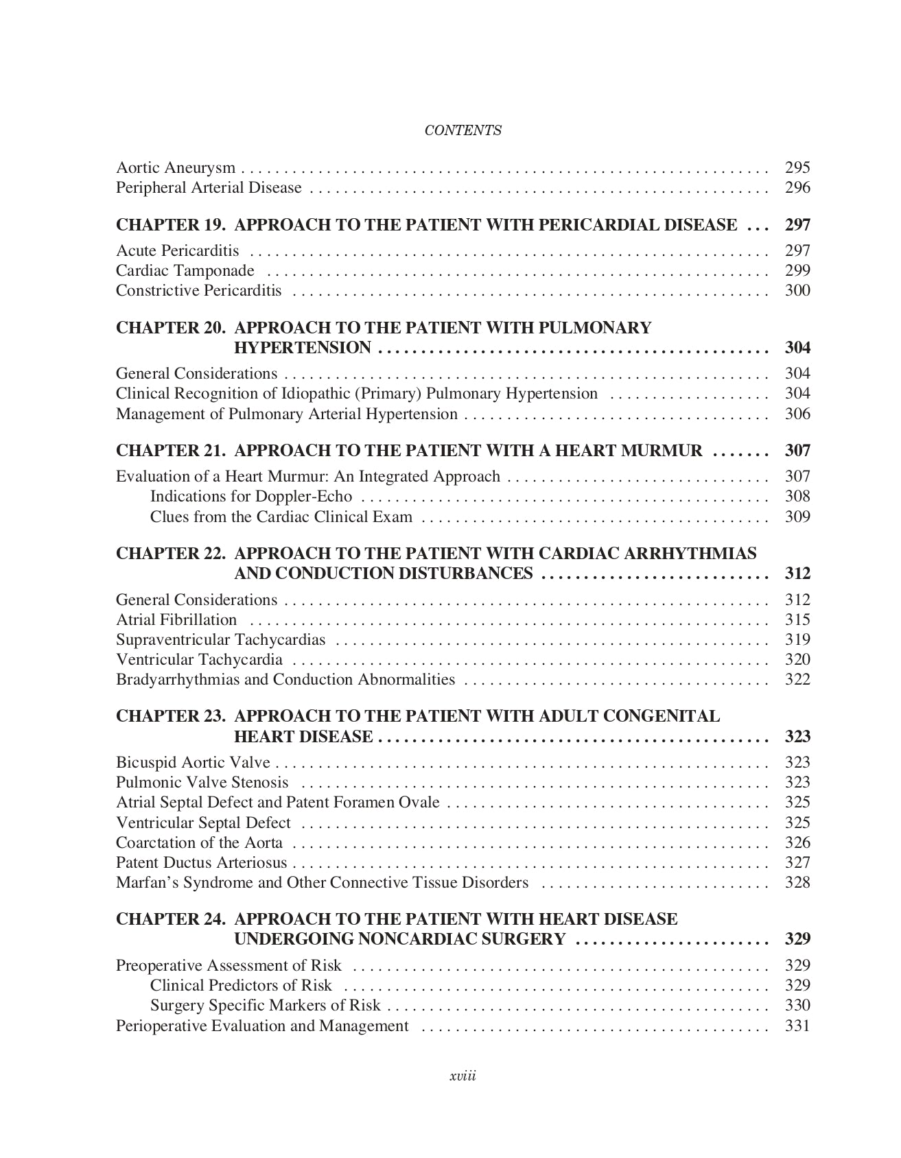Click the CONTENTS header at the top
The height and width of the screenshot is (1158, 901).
click(x=463, y=130)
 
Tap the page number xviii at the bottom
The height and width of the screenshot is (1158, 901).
click(x=463, y=1076)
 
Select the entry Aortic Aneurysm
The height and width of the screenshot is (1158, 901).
click(x=176, y=167)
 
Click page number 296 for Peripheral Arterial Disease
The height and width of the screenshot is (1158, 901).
click(x=797, y=187)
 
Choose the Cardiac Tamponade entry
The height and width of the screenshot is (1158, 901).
click(x=185, y=271)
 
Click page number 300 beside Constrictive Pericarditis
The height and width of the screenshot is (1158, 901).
click(x=797, y=290)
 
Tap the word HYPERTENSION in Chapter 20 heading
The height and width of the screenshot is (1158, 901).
click(x=303, y=348)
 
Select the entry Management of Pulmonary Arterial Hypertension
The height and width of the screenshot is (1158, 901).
click(x=286, y=414)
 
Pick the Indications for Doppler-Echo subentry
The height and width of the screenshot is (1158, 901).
click(x=250, y=497)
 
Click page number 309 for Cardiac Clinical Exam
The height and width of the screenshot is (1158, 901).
click(x=797, y=517)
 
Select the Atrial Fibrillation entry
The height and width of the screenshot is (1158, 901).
click(x=176, y=620)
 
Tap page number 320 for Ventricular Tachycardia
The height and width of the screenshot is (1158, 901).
click(x=797, y=660)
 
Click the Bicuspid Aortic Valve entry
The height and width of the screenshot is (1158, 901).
click(x=193, y=763)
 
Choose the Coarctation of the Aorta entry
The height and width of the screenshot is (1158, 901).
click(x=199, y=843)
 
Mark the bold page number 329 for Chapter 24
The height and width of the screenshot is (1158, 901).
click(x=797, y=939)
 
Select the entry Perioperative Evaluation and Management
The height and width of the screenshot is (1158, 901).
click(x=262, y=1026)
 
